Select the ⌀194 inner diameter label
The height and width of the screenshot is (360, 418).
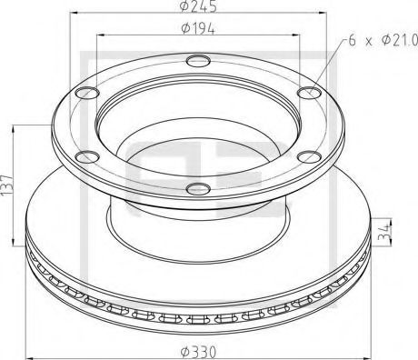[196, 30]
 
